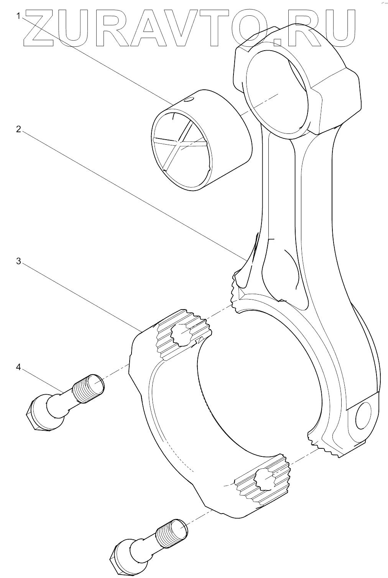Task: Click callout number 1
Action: (18, 16)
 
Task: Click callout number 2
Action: (18, 129)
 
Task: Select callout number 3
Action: (18, 261)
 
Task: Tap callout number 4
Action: (18, 367)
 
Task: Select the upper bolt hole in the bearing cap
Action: (181, 333)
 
